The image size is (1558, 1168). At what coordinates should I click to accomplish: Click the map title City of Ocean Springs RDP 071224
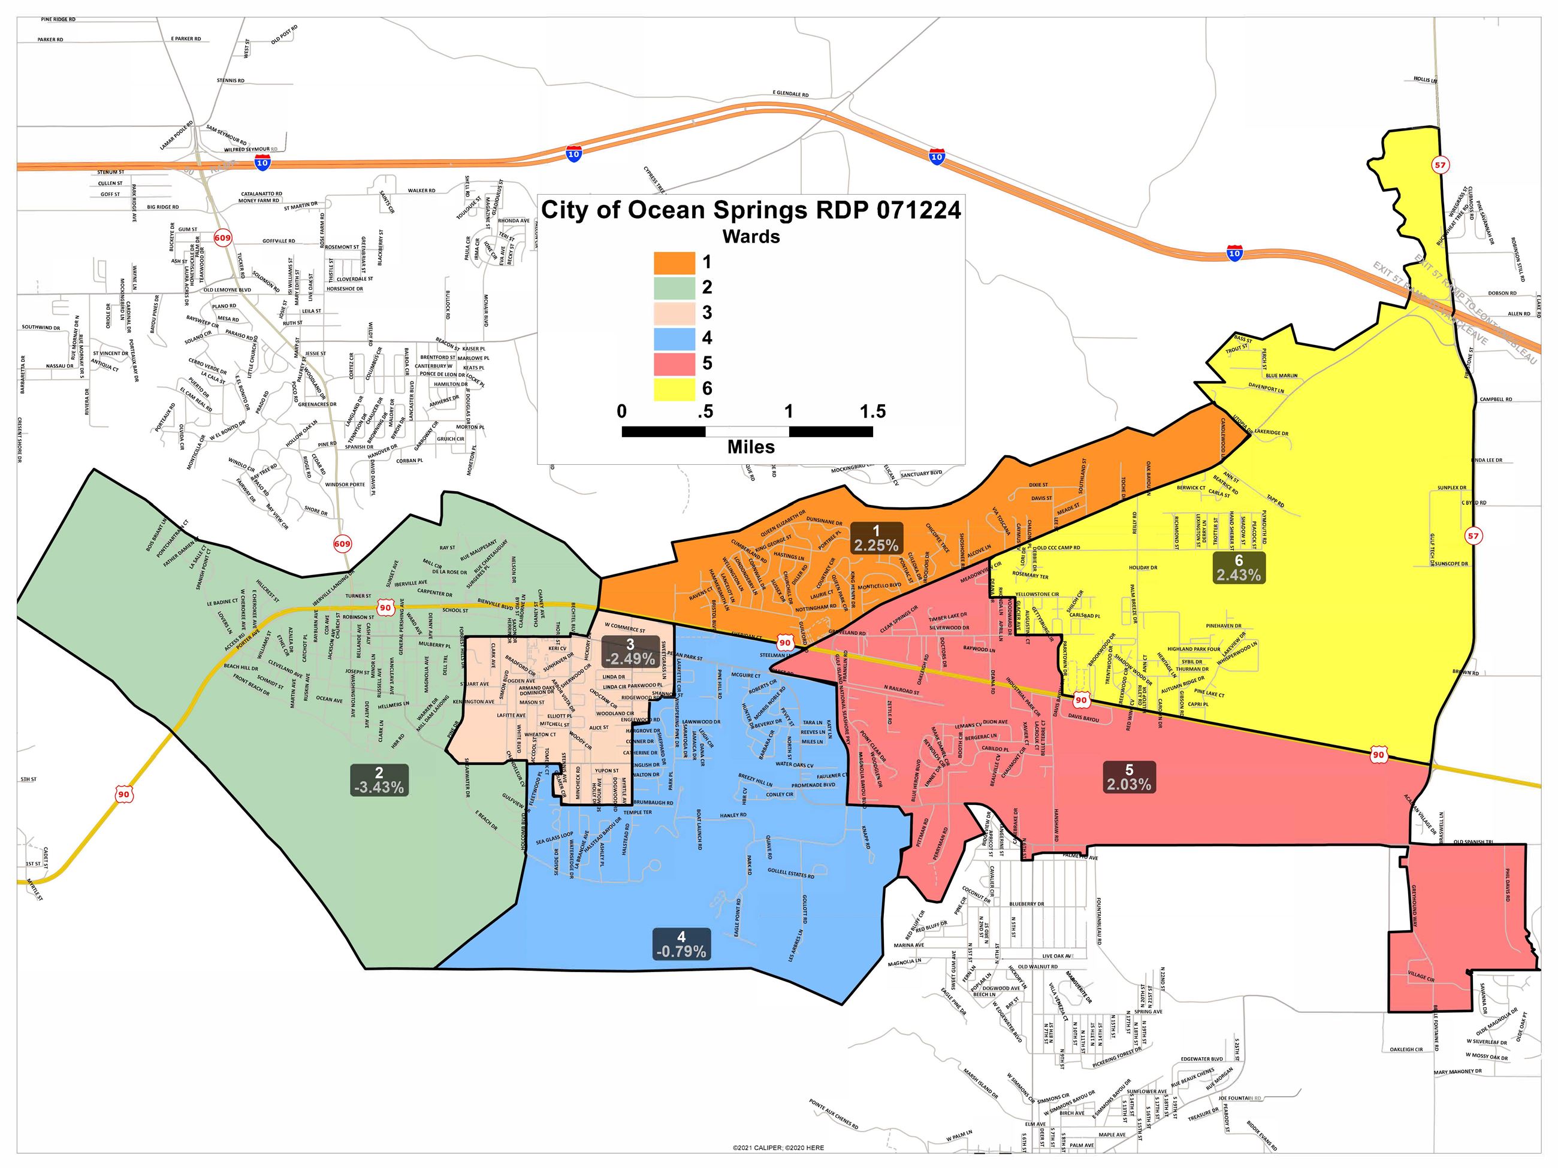(x=750, y=210)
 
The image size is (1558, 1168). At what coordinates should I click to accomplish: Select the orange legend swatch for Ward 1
(x=674, y=262)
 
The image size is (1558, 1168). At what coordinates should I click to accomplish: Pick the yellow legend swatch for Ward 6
(x=674, y=389)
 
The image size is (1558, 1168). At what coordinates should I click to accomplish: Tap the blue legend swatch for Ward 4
(x=674, y=338)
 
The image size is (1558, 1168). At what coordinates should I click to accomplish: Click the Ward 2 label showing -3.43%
(x=379, y=780)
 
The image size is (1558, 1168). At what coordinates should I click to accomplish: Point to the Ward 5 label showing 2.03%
(x=1128, y=778)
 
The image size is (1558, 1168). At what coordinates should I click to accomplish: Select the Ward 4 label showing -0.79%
(x=680, y=944)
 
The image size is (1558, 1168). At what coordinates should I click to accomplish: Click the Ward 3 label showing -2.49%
(x=630, y=651)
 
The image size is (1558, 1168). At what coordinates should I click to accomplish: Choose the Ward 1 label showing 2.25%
(x=875, y=538)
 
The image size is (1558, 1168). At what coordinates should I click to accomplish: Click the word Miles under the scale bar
(x=751, y=447)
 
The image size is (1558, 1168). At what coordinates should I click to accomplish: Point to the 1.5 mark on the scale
(x=872, y=412)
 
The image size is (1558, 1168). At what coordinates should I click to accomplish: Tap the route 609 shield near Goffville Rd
(x=222, y=238)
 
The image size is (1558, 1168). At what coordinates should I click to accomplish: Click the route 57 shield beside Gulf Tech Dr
(x=1473, y=535)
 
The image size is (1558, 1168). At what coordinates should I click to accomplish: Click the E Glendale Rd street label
(x=790, y=93)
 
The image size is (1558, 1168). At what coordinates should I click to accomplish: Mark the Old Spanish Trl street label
(x=1473, y=842)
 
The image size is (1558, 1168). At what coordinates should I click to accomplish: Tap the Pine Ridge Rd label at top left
(x=59, y=20)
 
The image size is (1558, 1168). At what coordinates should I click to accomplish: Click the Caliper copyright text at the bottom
(x=778, y=1148)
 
